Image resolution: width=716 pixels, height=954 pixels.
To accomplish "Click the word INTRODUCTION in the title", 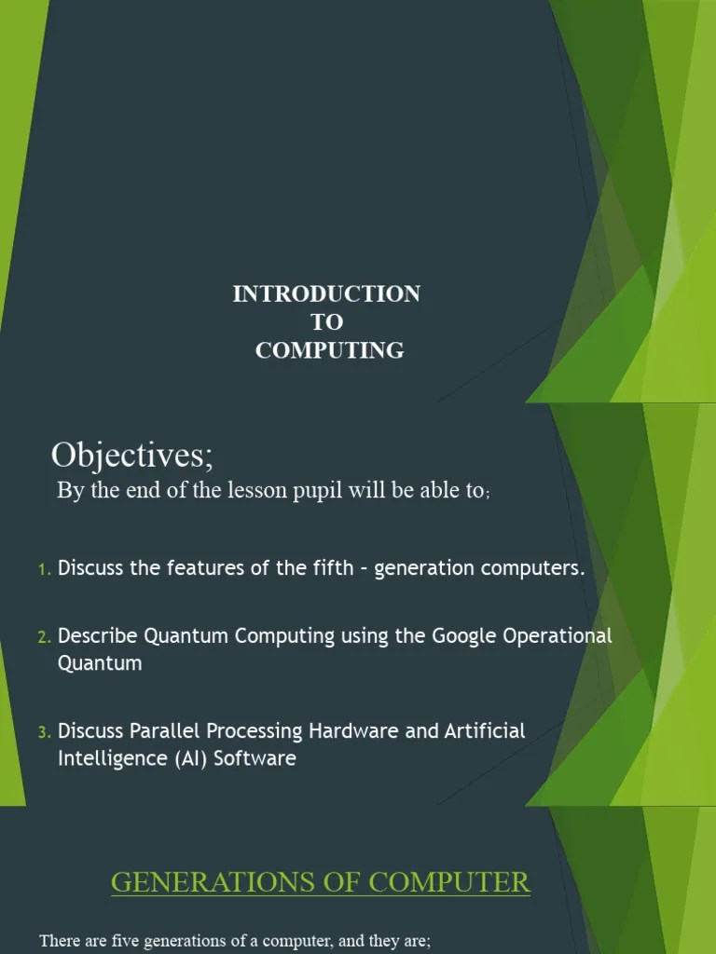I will (326, 294).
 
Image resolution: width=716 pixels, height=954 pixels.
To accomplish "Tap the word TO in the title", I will (326, 322).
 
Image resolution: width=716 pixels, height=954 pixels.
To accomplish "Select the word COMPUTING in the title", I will (330, 350).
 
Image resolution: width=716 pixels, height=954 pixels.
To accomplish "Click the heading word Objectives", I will (131, 456).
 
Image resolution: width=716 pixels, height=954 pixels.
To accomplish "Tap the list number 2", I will (44, 637).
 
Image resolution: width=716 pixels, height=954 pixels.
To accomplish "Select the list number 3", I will (44, 733).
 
